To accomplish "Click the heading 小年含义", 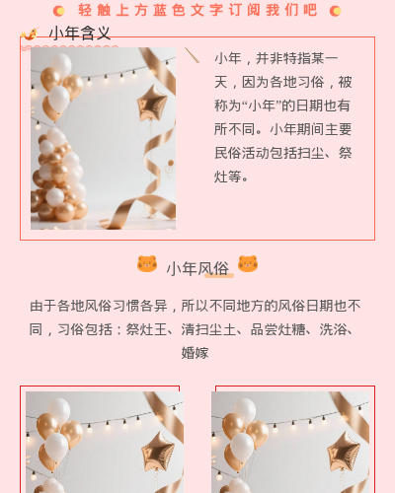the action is [80, 34].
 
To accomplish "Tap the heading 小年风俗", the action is [197, 268].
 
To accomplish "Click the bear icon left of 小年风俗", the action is [147, 264].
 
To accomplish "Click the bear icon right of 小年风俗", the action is [248, 264].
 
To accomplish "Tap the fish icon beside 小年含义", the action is [30, 34].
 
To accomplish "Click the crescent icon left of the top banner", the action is [58, 11].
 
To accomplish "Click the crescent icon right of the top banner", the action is [335, 11].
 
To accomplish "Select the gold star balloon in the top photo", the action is [152, 103].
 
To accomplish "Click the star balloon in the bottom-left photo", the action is [158, 452].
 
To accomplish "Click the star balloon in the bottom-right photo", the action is [344, 452].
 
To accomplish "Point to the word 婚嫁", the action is [195, 353].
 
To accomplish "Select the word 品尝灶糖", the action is [277, 329].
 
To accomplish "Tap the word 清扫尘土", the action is [208, 329].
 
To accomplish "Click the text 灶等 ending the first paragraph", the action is [228, 176].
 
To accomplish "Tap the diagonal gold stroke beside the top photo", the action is [192, 55].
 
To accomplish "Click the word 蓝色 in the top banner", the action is [169, 10].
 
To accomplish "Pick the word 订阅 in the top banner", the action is [245, 10].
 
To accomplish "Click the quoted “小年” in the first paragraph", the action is [262, 106].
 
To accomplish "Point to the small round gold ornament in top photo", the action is [171, 163].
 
